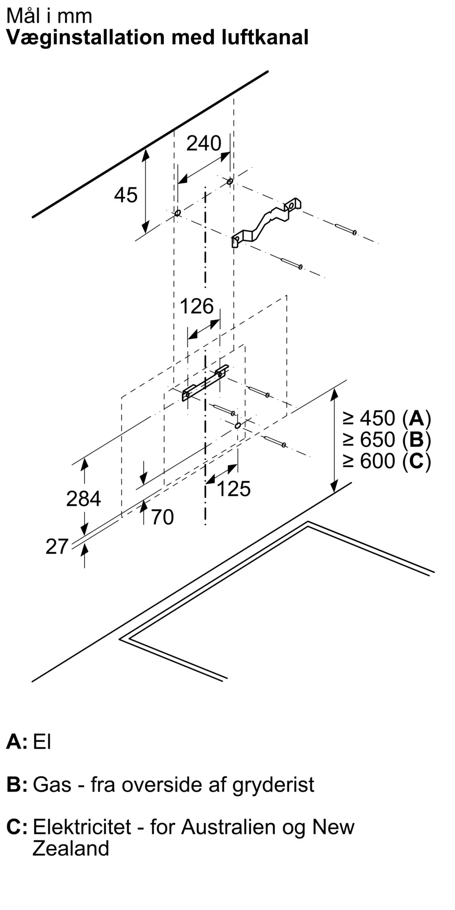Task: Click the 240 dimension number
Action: (204, 143)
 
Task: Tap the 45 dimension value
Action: (126, 195)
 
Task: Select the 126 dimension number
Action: (197, 306)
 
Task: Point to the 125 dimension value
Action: (233, 489)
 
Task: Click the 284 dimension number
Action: (83, 499)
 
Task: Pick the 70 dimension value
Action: (162, 517)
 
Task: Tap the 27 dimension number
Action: (57, 546)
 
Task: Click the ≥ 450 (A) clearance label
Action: (387, 418)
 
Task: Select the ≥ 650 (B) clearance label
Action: (387, 440)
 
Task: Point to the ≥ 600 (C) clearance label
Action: (387, 461)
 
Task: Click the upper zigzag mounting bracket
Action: (267, 222)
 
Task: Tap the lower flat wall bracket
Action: (205, 383)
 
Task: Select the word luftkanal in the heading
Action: (265, 37)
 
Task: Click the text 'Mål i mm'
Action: (49, 16)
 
